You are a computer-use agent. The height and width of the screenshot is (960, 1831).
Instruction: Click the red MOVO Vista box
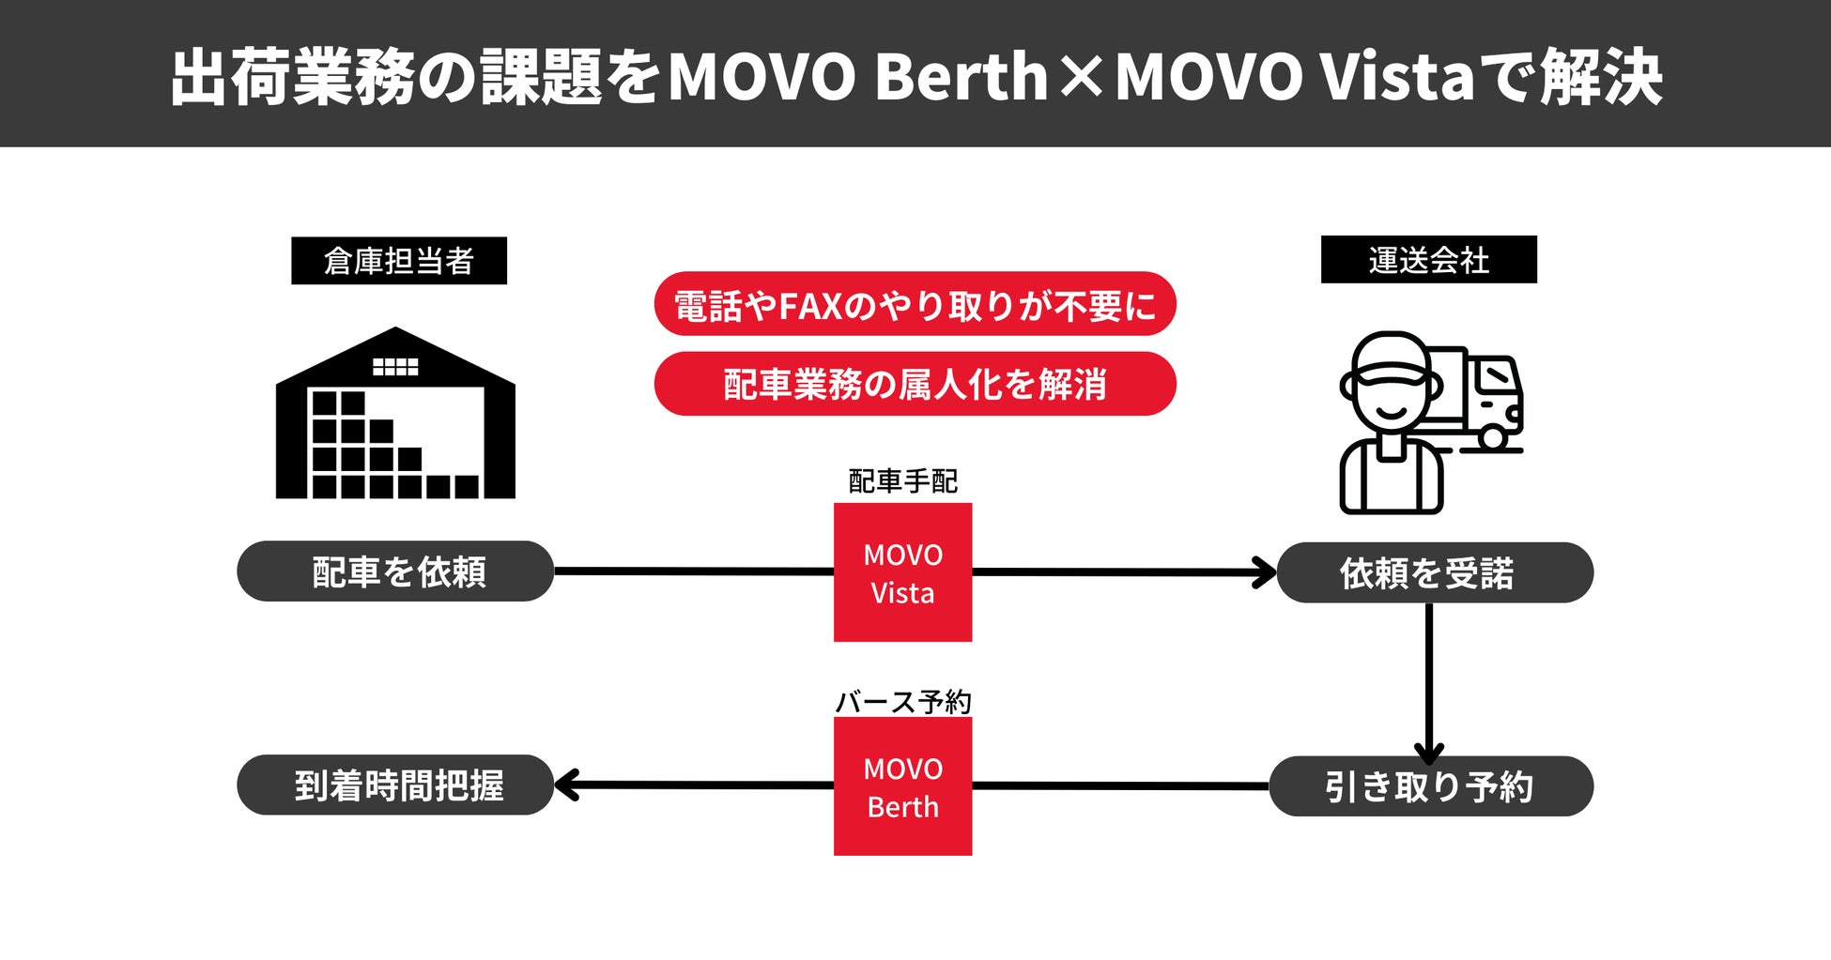pos(902,572)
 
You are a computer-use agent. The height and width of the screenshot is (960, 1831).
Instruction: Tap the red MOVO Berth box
pos(902,786)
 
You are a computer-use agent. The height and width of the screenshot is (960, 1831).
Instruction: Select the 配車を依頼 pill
pos(395,571)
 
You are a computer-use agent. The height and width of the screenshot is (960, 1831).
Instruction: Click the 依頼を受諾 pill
pos(1434,572)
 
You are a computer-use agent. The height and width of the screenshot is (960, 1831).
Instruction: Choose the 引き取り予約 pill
pos(1430,786)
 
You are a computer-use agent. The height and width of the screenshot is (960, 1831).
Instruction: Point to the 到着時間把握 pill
pos(395,785)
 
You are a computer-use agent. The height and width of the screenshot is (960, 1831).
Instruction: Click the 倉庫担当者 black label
pos(399,261)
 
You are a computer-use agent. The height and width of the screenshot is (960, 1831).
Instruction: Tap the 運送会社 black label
pos(1428,260)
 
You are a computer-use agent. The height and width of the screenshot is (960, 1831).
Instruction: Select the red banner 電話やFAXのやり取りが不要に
pos(915,304)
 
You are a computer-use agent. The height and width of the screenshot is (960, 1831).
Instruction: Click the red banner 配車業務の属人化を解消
pos(915,384)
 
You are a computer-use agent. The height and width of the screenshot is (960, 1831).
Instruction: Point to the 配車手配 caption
pos(902,481)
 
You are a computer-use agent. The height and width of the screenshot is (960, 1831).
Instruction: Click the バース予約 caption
pos(902,702)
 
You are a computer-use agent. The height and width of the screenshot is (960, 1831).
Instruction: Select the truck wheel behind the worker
pos(1492,437)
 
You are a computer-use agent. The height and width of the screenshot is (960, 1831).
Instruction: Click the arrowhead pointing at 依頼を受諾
pos(1266,572)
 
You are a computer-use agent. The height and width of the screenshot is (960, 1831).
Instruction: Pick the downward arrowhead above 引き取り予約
pos(1428,753)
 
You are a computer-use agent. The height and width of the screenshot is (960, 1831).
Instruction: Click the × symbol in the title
pos(1082,77)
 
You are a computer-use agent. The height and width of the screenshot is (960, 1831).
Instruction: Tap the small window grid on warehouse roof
pos(395,366)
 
